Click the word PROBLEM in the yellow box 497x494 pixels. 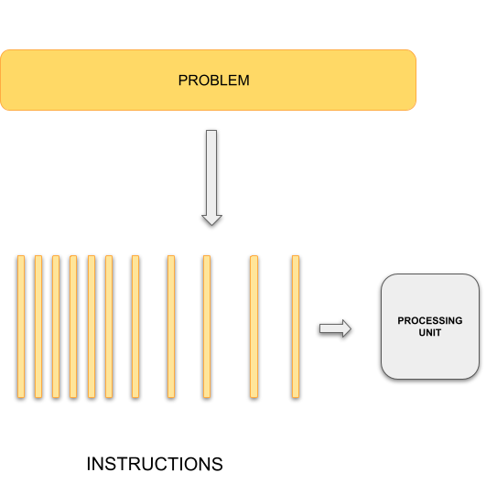click(213, 81)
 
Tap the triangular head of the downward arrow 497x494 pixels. click(211, 219)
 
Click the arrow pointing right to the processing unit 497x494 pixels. click(335, 328)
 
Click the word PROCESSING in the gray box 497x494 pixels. click(429, 321)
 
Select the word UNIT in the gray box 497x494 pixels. click(429, 332)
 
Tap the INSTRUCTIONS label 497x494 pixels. click(154, 464)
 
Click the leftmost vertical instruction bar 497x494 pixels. click(20, 328)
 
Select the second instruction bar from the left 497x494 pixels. click(38, 328)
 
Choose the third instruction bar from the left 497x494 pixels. click(56, 328)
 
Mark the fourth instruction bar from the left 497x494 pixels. click(73, 328)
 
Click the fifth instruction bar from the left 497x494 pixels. click(91, 328)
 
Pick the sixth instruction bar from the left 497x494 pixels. click(109, 328)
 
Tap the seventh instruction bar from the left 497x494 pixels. click(135, 328)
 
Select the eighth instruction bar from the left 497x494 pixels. click(170, 328)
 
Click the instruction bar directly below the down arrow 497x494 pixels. click(206, 328)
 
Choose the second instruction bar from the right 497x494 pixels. click(254, 328)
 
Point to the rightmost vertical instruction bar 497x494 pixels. click(296, 328)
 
